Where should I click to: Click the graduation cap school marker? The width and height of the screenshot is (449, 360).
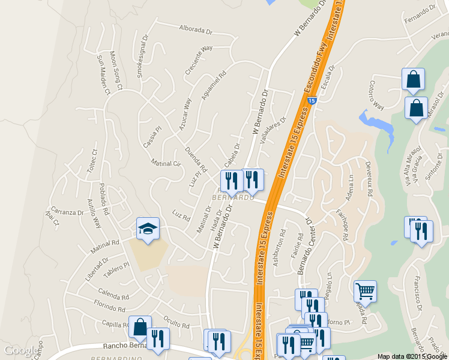pos(148,228)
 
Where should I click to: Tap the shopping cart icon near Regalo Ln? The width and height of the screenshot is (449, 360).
pos(365,292)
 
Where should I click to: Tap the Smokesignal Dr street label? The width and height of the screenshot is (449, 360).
pos(143,59)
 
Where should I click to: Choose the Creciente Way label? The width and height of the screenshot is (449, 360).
pos(199,59)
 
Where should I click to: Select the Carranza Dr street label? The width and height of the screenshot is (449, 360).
pos(67,212)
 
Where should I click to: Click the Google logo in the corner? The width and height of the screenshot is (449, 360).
pos(20,350)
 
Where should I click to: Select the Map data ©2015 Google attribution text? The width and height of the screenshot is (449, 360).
pos(412,356)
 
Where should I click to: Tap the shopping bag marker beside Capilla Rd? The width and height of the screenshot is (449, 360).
pos(140,327)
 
